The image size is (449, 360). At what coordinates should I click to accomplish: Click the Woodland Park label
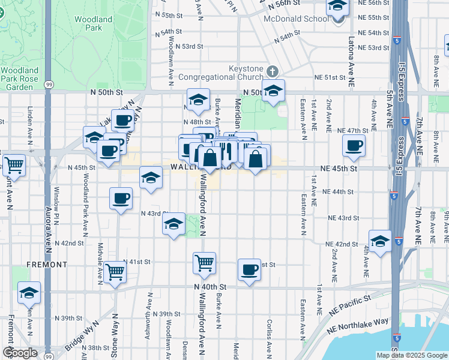pos(93,23)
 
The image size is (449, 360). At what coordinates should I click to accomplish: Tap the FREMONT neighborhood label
pos(46,264)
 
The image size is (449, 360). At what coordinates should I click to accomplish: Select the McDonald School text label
pos(297,19)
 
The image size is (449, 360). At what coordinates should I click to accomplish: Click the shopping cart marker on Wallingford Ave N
pos(204,262)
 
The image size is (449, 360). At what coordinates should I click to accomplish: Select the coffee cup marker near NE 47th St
pos(354,145)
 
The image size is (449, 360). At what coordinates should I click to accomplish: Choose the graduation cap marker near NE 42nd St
pos(379,241)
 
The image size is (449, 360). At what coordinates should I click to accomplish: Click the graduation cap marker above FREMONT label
pos(29,292)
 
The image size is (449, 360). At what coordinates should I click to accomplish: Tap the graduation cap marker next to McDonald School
pos(338,7)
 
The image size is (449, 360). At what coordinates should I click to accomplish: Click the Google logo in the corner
pos(20,353)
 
